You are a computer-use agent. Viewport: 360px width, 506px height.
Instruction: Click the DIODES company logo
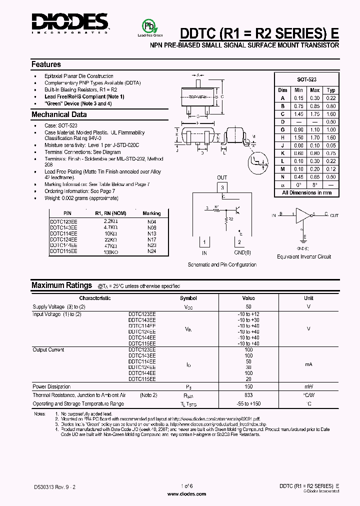point(70,23)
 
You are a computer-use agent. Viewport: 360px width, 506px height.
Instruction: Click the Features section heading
point(46,64)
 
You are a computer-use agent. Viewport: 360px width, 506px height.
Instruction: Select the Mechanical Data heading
point(59,114)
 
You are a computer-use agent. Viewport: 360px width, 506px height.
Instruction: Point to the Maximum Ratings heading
point(61,285)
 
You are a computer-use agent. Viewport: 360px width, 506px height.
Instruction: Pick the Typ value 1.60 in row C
point(331,114)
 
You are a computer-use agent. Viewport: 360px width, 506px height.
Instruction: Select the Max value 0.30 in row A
point(315,98)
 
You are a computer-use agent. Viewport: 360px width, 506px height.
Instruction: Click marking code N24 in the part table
point(152,251)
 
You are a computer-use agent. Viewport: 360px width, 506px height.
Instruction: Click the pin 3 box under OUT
point(222,187)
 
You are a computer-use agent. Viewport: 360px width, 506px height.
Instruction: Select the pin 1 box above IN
point(204,242)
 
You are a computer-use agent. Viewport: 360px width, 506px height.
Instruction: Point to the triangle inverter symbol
point(303,215)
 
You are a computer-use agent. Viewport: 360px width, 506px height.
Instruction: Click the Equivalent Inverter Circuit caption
point(304,256)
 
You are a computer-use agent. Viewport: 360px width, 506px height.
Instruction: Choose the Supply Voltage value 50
point(248,306)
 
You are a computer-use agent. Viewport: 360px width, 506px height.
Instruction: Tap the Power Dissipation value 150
point(248,387)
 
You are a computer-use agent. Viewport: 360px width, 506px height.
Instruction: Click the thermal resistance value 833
point(248,395)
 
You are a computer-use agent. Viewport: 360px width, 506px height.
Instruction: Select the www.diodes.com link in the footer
point(186,494)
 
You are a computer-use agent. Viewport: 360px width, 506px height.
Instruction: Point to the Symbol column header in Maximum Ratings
point(188,298)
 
